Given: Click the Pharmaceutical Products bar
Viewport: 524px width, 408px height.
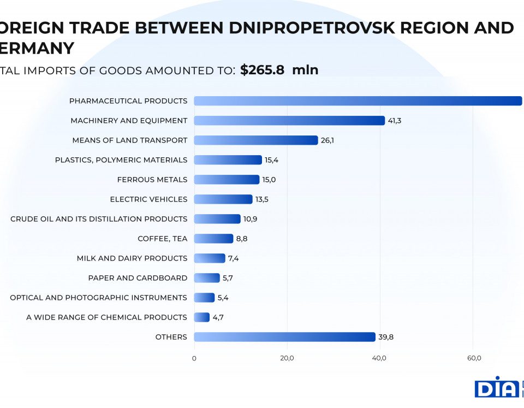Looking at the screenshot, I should point(358,101).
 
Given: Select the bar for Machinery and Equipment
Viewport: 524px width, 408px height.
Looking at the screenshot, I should point(289,121).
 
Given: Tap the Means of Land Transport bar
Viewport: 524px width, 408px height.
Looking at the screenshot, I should point(255,140).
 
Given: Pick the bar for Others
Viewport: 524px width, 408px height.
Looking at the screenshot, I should point(284,337).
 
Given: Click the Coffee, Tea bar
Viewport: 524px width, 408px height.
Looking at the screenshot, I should point(213,239).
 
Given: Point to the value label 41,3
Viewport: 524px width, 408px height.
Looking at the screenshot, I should point(395,121).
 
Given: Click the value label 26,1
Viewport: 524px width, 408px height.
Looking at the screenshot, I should point(327,140).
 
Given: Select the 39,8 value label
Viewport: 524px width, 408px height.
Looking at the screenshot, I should point(386,337).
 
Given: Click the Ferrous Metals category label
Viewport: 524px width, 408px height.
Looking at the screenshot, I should point(152,180).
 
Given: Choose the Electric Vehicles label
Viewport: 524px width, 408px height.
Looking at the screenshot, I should point(148,199).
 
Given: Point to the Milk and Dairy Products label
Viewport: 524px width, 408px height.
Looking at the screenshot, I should point(132,258).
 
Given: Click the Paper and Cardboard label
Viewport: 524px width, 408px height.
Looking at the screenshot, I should point(138,278).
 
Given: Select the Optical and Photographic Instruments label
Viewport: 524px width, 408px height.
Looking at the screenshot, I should point(98,298).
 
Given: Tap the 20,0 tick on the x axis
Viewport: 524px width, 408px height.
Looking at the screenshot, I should point(287,358).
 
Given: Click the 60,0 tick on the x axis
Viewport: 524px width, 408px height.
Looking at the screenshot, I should point(474,358).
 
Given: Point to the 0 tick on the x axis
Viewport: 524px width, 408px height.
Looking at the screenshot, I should point(194,358).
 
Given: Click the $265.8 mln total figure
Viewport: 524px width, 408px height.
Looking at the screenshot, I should point(279,70).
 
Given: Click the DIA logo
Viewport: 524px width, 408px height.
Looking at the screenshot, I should point(496,387).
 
